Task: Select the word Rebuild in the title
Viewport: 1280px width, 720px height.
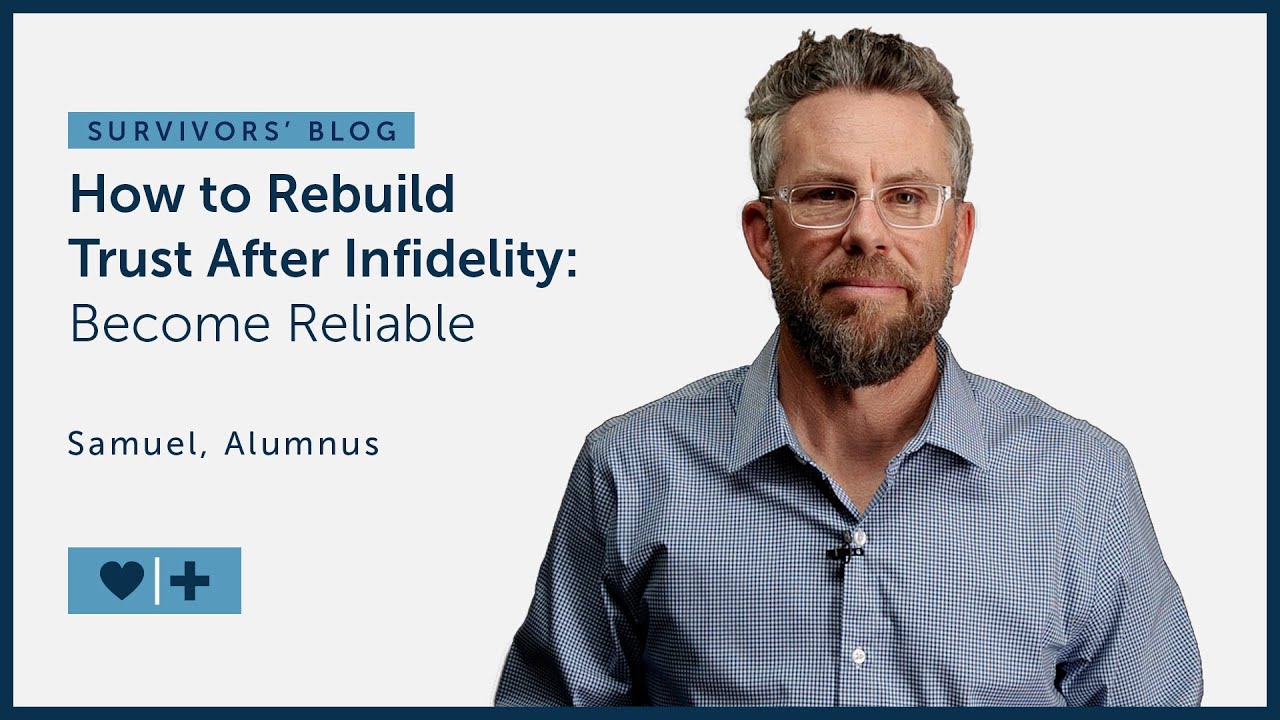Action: point(360,195)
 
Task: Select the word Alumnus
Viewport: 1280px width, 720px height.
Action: point(302,444)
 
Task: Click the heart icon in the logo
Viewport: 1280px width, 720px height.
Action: point(122,580)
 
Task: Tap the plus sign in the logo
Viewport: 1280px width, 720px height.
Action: point(190,580)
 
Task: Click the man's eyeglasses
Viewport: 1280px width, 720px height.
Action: point(857,205)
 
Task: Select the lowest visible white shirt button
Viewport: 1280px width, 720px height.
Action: point(858,656)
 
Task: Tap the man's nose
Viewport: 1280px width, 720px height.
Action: point(862,240)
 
